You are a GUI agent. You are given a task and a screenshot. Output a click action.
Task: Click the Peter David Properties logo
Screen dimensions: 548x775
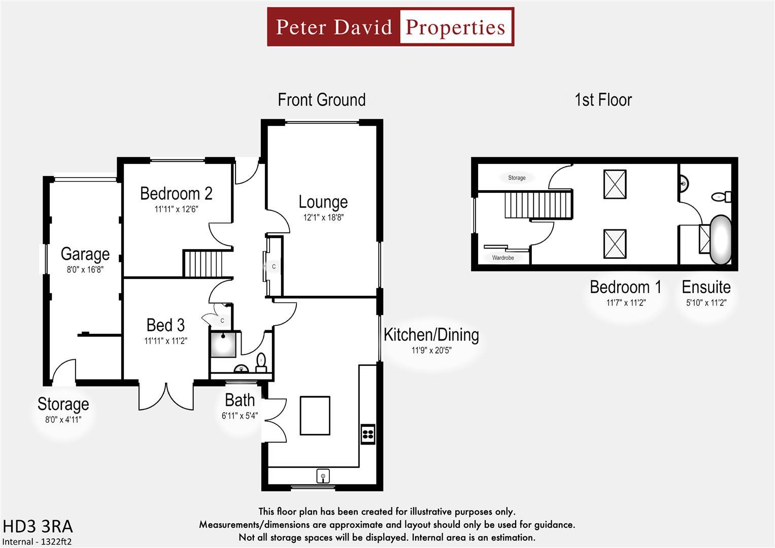pyautogui.click(x=390, y=27)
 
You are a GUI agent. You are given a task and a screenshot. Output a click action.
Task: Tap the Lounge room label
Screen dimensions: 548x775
pyautogui.click(x=323, y=202)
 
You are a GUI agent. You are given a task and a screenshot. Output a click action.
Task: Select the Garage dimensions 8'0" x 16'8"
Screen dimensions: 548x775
pyautogui.click(x=85, y=270)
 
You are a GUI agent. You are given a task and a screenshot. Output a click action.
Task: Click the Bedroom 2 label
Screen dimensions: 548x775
pyautogui.click(x=176, y=193)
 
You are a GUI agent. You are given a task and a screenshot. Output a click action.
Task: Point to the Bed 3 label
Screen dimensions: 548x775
pyautogui.click(x=165, y=325)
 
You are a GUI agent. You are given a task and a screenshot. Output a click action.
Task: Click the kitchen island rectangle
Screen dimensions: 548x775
pyautogui.click(x=315, y=416)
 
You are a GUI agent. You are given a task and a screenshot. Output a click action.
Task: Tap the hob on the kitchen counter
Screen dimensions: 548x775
pyautogui.click(x=368, y=434)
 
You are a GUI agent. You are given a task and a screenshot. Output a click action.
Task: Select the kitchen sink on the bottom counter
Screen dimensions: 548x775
pyautogui.click(x=323, y=476)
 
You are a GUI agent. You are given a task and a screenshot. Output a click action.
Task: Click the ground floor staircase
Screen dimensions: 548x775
pyautogui.click(x=203, y=263)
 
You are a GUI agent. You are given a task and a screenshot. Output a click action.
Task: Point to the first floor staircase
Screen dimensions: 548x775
pyautogui.click(x=538, y=204)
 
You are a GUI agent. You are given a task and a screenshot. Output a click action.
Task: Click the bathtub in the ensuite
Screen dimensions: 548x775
pyautogui.click(x=720, y=240)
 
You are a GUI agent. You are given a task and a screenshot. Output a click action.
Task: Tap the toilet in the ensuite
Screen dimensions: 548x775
pyautogui.click(x=721, y=196)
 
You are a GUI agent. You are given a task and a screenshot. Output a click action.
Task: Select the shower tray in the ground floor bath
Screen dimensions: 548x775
pyautogui.click(x=223, y=344)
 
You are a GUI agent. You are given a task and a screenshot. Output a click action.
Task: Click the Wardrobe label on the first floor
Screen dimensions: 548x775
pyautogui.click(x=503, y=258)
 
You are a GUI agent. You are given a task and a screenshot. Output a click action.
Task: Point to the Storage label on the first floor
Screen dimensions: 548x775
pyautogui.click(x=517, y=178)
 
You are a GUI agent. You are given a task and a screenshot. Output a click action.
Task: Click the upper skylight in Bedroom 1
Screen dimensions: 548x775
pyautogui.click(x=615, y=184)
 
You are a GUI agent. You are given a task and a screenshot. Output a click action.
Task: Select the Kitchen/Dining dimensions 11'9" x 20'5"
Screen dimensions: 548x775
pyautogui.click(x=431, y=350)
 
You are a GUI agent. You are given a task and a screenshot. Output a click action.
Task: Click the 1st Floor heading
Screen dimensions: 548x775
pyautogui.click(x=603, y=100)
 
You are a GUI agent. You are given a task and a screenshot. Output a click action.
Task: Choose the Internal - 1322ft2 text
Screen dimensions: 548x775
pyautogui.click(x=37, y=541)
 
